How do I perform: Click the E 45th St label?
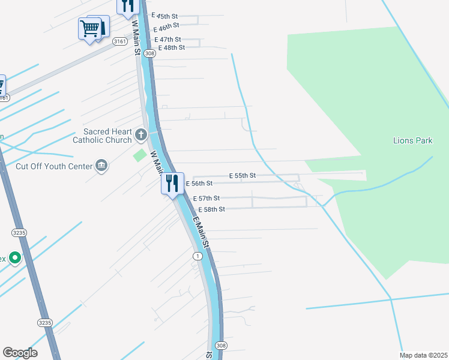(x=164, y=16)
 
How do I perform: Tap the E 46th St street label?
(x=166, y=27)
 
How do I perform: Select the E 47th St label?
(x=168, y=39)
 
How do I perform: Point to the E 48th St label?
(x=171, y=47)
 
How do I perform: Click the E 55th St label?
(x=243, y=176)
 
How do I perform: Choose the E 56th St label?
(x=199, y=184)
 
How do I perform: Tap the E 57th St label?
(x=206, y=198)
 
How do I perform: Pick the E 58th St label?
(x=211, y=209)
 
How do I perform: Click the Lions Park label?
(x=412, y=140)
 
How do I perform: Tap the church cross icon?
(x=141, y=134)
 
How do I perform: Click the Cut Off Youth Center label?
(x=54, y=166)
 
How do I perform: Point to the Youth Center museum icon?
(x=101, y=166)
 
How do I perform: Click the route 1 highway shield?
(x=197, y=256)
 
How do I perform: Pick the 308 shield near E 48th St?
(x=150, y=53)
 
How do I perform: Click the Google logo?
(x=20, y=353)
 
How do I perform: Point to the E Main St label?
(x=201, y=232)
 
